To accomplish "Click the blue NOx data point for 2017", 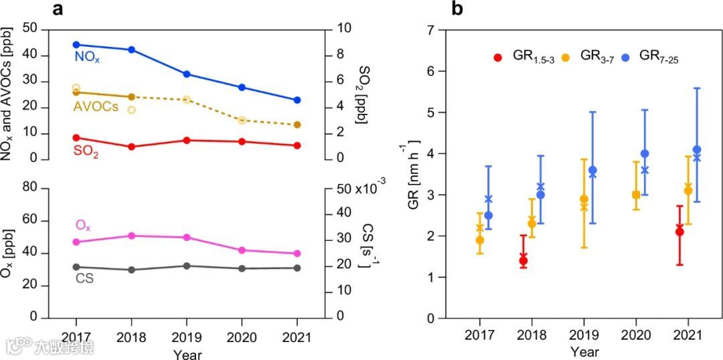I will [x=76, y=45].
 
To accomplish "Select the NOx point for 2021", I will [x=297, y=100].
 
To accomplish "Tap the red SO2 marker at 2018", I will [x=131, y=147].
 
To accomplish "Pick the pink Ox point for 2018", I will [x=131, y=236].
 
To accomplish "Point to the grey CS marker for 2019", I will [x=187, y=266].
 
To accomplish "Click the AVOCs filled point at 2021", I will [x=297, y=124].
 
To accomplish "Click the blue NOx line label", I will [x=87, y=58].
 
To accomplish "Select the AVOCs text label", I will [x=97, y=106].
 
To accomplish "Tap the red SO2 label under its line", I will [x=86, y=153].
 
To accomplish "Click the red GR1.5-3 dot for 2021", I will [x=679, y=232].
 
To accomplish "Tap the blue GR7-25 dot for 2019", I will [x=592, y=170].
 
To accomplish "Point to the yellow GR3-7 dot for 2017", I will [x=480, y=240].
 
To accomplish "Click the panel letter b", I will [x=457, y=9].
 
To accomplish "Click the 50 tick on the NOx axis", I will [x=30, y=29].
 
